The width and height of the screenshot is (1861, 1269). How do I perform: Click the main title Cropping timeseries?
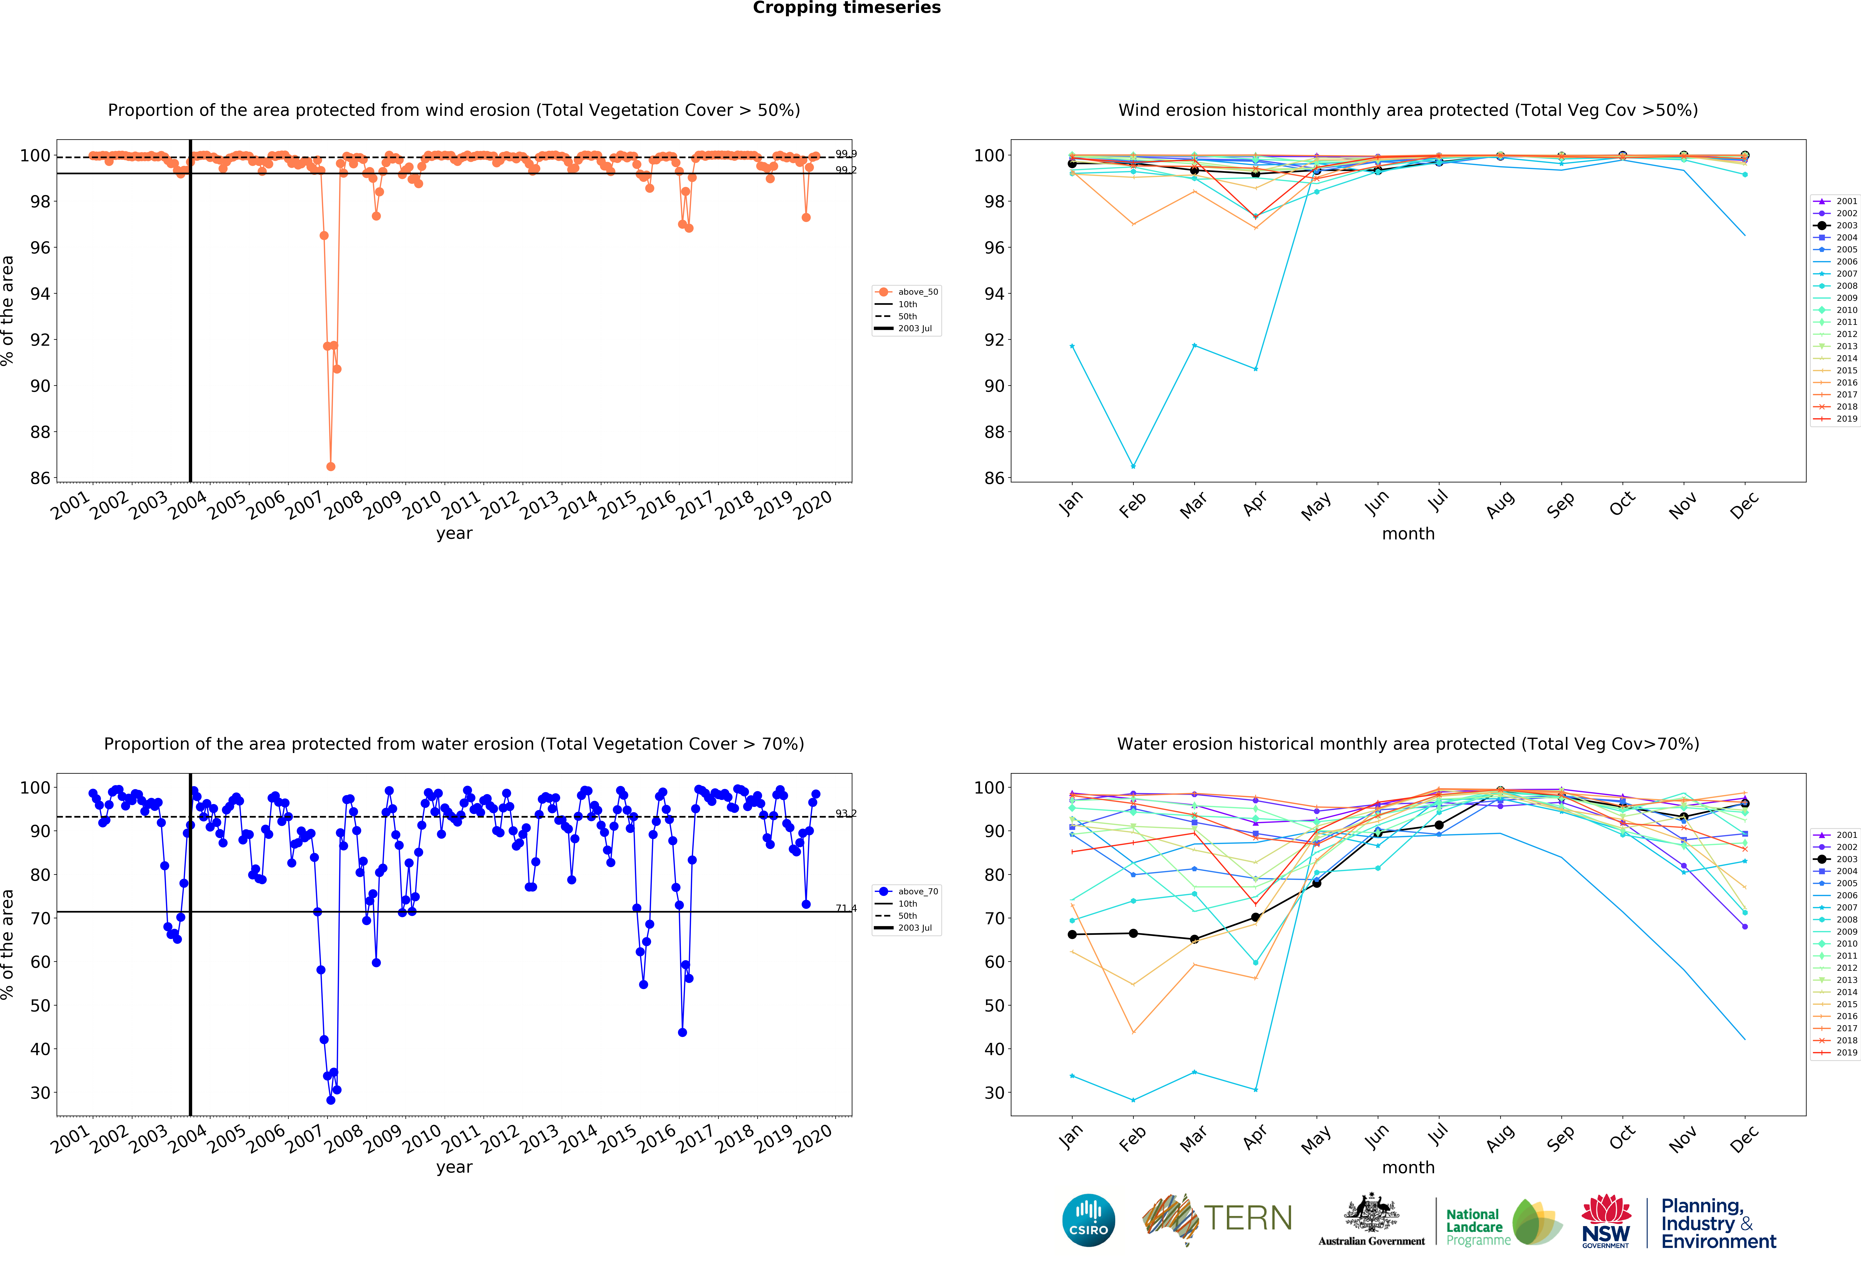click(x=846, y=8)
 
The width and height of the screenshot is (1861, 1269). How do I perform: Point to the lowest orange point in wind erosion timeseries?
click(x=331, y=466)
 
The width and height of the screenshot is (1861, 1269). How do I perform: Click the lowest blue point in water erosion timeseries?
click(x=331, y=1100)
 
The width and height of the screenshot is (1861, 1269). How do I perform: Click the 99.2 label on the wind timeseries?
click(x=846, y=170)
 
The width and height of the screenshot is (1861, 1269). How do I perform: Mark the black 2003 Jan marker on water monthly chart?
click(x=1072, y=934)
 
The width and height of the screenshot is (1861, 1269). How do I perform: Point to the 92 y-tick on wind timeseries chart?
click(x=40, y=340)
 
